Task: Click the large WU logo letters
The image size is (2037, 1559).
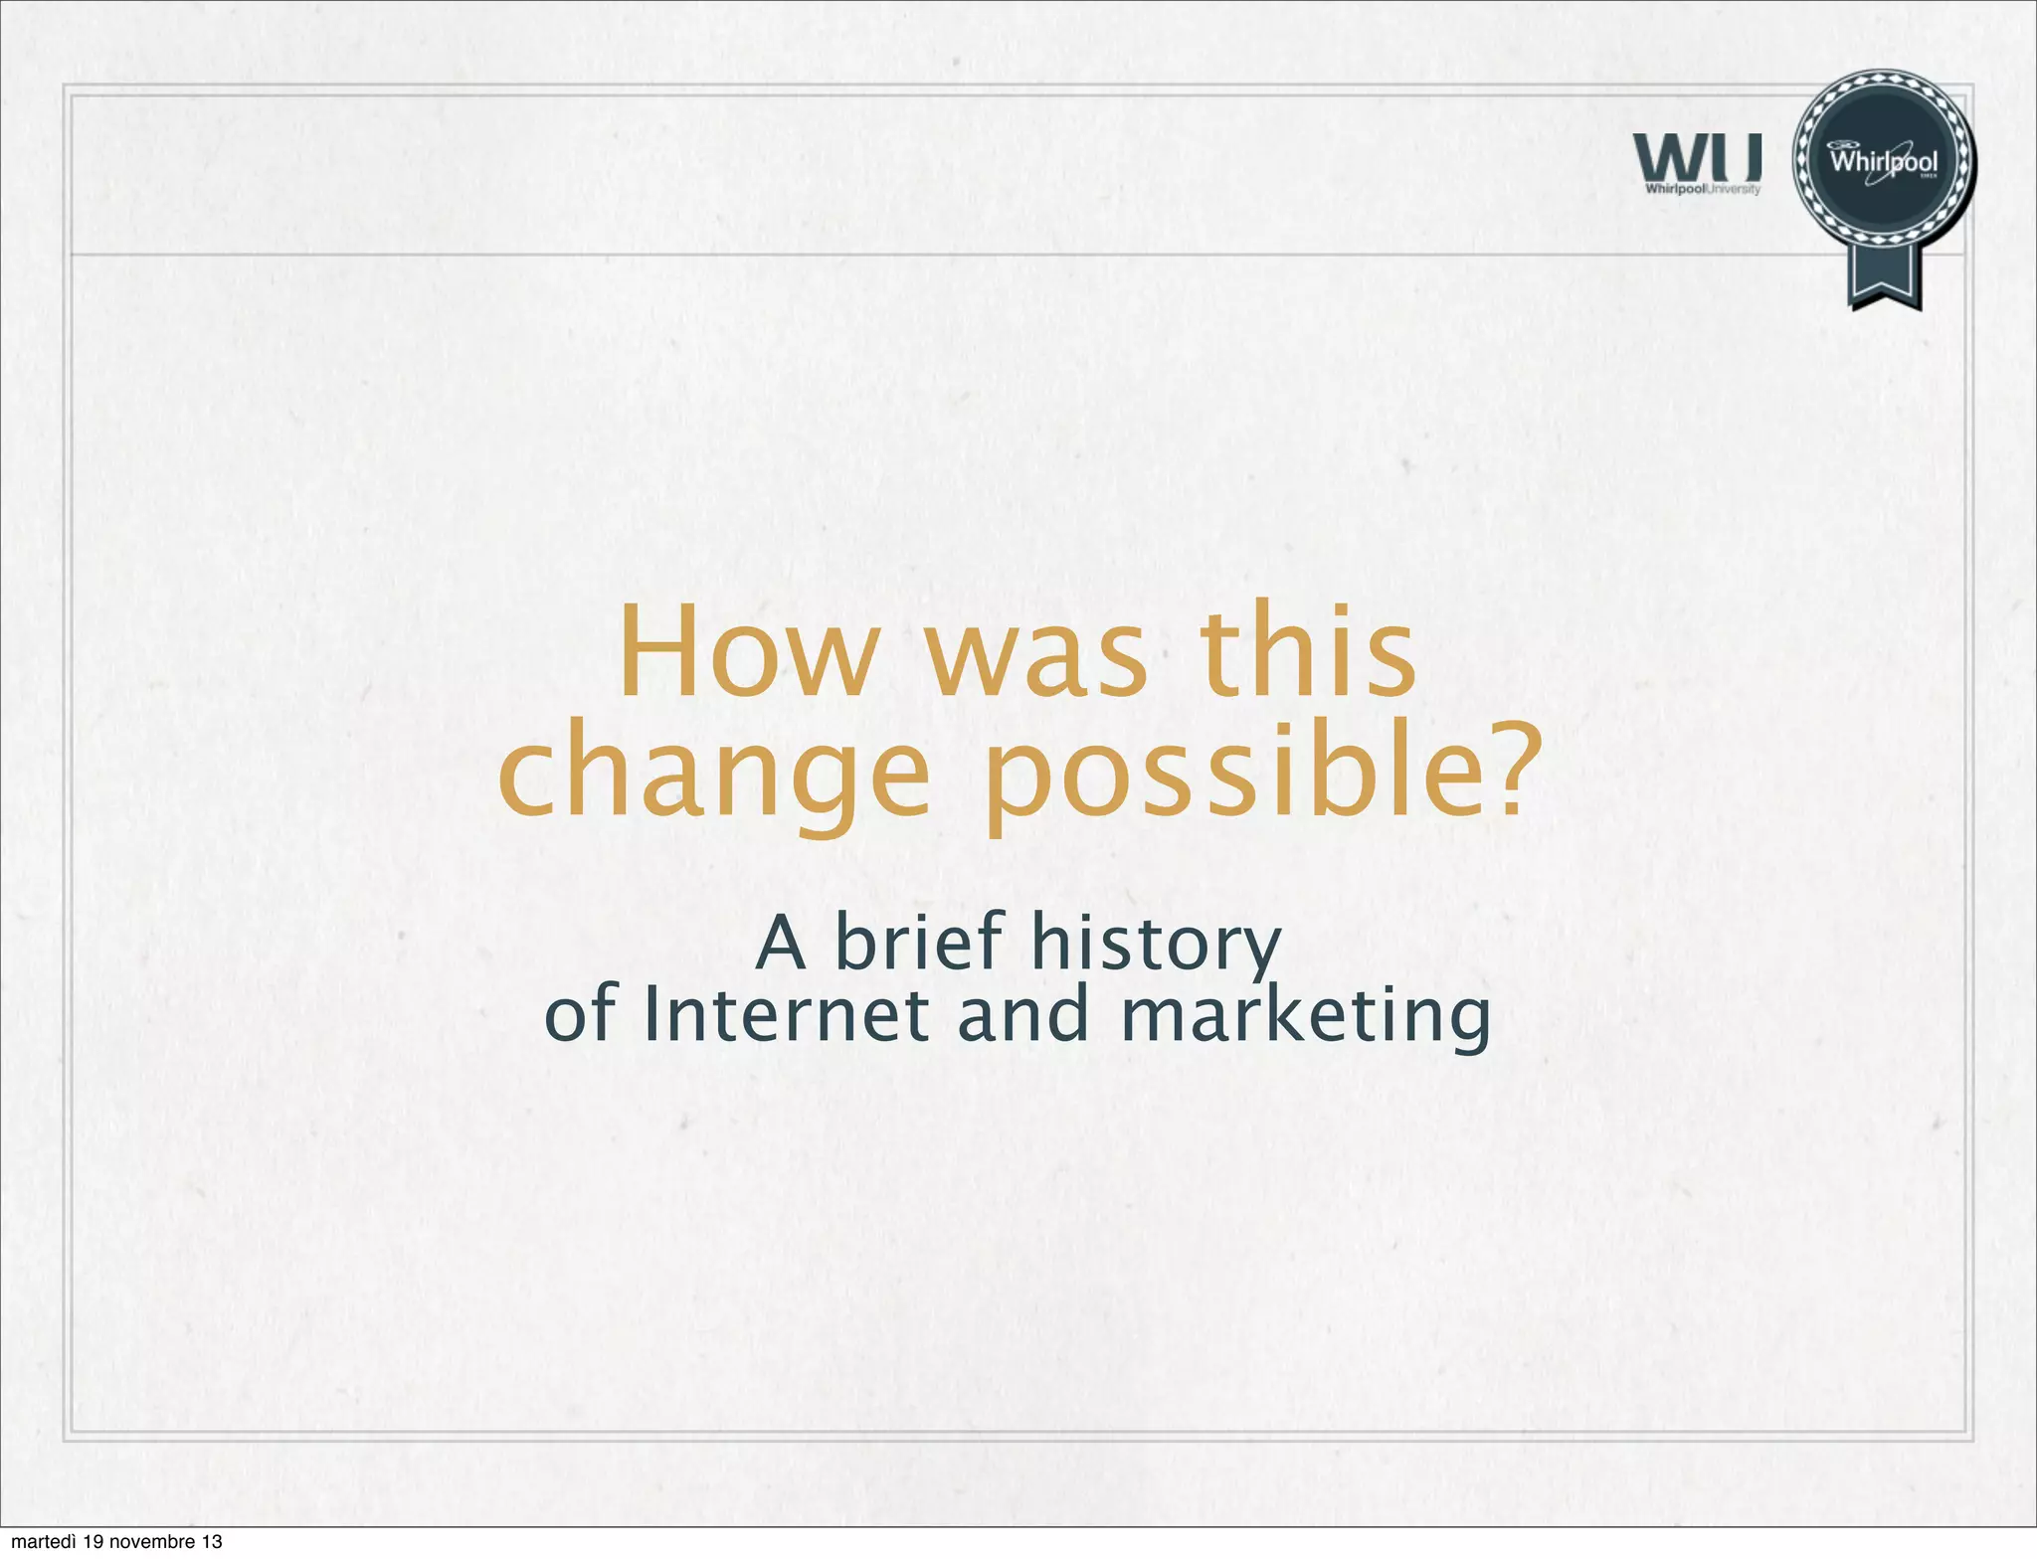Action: pyautogui.click(x=1697, y=158)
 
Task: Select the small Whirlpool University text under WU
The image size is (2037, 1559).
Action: pyautogui.click(x=1702, y=189)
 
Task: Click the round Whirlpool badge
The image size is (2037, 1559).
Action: pyautogui.click(x=1884, y=161)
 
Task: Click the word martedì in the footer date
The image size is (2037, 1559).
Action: pyautogui.click(x=43, y=1542)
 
